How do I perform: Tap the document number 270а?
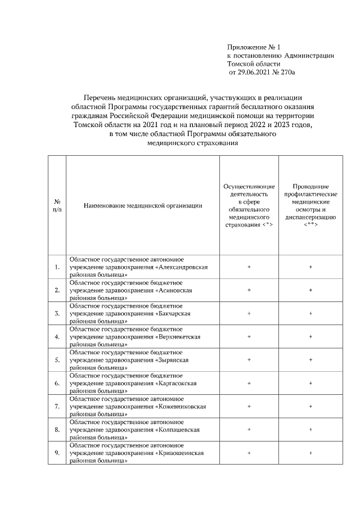[x=288, y=73]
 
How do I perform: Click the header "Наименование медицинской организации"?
[x=142, y=206]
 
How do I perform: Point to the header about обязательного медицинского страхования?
[x=249, y=206]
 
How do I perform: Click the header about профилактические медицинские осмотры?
[x=310, y=206]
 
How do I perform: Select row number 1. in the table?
[x=57, y=267]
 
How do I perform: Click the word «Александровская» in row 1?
[x=183, y=267]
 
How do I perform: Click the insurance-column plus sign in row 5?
[x=249, y=360]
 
